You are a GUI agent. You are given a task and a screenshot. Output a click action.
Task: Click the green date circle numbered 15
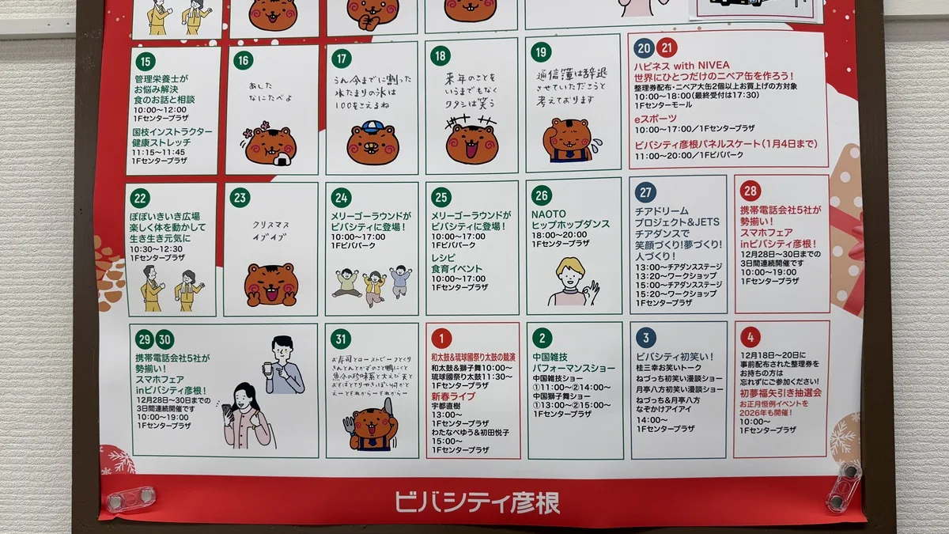tap(145, 61)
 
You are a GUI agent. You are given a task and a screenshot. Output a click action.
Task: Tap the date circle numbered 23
tap(240, 198)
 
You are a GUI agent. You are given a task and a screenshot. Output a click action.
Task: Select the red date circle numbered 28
tap(751, 191)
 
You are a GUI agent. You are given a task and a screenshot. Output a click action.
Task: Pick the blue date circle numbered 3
tap(645, 339)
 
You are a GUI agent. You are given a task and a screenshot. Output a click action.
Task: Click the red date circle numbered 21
tap(667, 47)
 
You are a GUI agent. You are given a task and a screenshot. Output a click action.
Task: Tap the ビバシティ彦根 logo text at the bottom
tap(477, 502)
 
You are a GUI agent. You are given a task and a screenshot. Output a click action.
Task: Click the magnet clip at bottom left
tap(131, 498)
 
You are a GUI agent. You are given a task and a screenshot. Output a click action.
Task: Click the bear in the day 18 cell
tap(471, 142)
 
